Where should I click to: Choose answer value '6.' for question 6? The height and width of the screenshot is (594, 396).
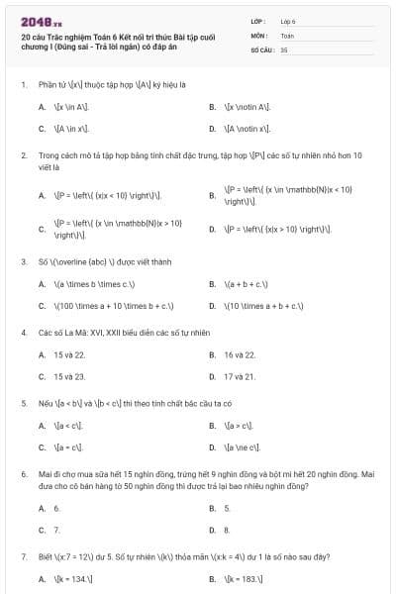pyautogui.click(x=57, y=508)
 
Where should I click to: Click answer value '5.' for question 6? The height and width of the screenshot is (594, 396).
pyautogui.click(x=228, y=508)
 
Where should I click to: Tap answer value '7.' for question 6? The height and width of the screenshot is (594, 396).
pyautogui.click(x=57, y=530)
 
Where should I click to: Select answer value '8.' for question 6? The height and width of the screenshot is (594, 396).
pyautogui.click(x=228, y=530)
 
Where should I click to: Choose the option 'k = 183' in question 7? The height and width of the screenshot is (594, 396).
pyautogui.click(x=246, y=577)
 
